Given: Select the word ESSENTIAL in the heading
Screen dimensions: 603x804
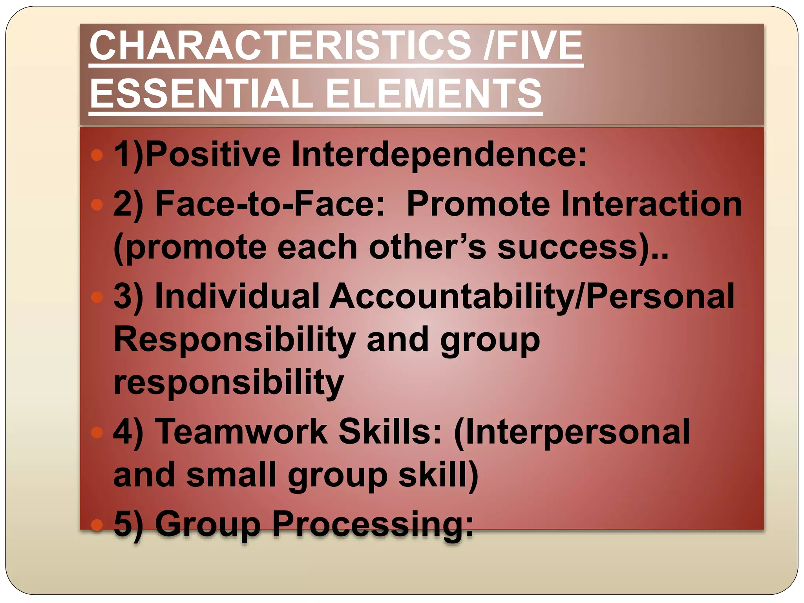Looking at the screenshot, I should tap(201, 94).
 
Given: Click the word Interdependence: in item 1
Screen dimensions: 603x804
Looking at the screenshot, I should tap(439, 154).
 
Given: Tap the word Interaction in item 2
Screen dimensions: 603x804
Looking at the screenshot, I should tap(652, 204).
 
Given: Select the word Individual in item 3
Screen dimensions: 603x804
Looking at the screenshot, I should tap(237, 296).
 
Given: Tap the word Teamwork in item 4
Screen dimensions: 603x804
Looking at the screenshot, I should tap(241, 432).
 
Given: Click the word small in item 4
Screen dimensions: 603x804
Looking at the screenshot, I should tap(232, 475).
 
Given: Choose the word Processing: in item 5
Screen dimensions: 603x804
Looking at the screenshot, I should tap(373, 524).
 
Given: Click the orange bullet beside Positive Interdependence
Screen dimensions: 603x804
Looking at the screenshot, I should tap(97, 155).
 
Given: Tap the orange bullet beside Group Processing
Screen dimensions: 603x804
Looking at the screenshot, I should tap(97, 524).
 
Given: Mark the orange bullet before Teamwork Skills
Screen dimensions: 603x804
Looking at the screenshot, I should tap(97, 433).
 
